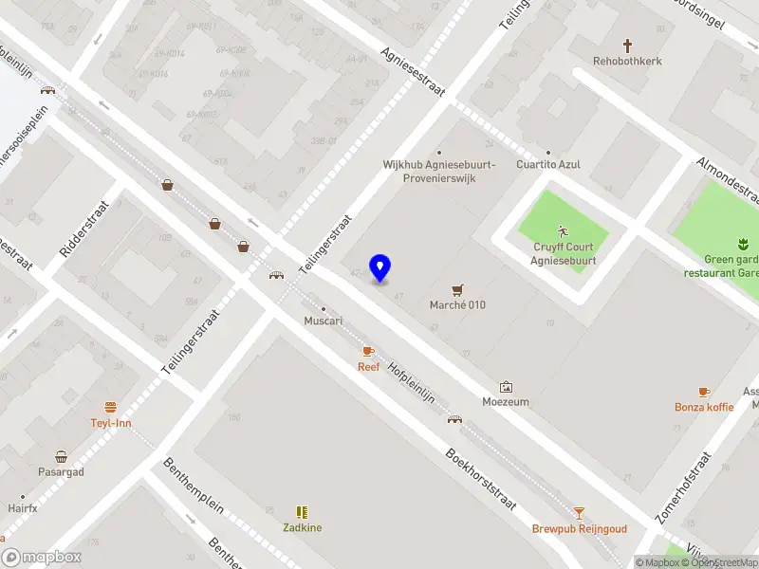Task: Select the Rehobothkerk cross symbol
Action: pyautogui.click(x=627, y=45)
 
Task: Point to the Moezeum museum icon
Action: pyautogui.click(x=506, y=387)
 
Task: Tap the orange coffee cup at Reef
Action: pyautogui.click(x=368, y=352)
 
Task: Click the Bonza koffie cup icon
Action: pyautogui.click(x=704, y=392)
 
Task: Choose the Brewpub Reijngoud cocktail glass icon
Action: pyautogui.click(x=579, y=513)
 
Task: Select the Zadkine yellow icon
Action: pyautogui.click(x=302, y=511)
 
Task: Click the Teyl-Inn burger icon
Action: pyautogui.click(x=111, y=407)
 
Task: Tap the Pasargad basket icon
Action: pyautogui.click(x=62, y=456)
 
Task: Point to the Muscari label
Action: pyautogui.click(x=323, y=321)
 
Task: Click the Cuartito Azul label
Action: pyautogui.click(x=547, y=164)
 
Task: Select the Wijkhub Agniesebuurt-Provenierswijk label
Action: pyautogui.click(x=438, y=171)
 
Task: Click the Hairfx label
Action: pyautogui.click(x=22, y=508)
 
